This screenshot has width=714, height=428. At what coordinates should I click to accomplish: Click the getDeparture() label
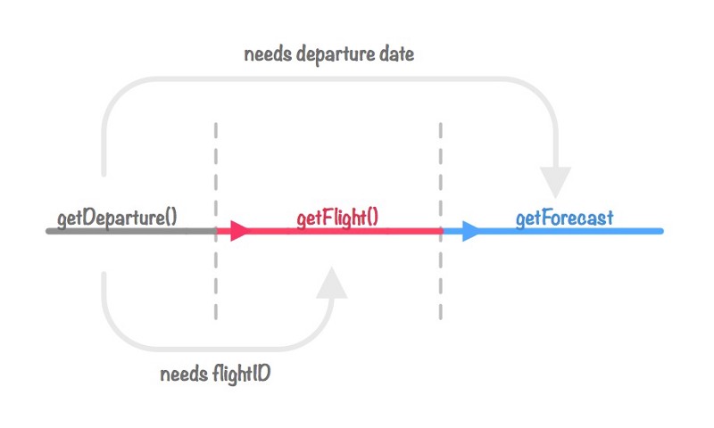(117, 218)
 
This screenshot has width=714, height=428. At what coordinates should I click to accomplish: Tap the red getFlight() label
(337, 218)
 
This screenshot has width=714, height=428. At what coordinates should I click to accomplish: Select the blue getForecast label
(565, 218)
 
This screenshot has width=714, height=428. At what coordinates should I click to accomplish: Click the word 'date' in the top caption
(396, 54)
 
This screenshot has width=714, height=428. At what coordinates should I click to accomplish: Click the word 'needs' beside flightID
(184, 374)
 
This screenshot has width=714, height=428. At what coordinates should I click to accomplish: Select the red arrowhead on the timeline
(240, 231)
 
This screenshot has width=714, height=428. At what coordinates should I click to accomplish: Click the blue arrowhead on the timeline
(471, 231)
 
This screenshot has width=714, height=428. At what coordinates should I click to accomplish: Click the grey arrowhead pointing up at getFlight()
(332, 283)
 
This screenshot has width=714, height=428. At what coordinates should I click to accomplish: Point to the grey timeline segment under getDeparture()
(131, 231)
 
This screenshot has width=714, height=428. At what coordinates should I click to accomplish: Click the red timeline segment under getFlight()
(329, 231)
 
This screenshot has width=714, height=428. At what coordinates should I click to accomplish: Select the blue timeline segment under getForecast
(552, 231)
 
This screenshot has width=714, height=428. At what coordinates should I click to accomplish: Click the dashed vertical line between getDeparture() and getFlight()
(216, 221)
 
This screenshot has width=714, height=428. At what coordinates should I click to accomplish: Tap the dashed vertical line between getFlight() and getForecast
(441, 221)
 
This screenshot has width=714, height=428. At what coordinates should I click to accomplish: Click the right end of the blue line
(662, 231)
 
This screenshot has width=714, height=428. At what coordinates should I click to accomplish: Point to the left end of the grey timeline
(47, 231)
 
